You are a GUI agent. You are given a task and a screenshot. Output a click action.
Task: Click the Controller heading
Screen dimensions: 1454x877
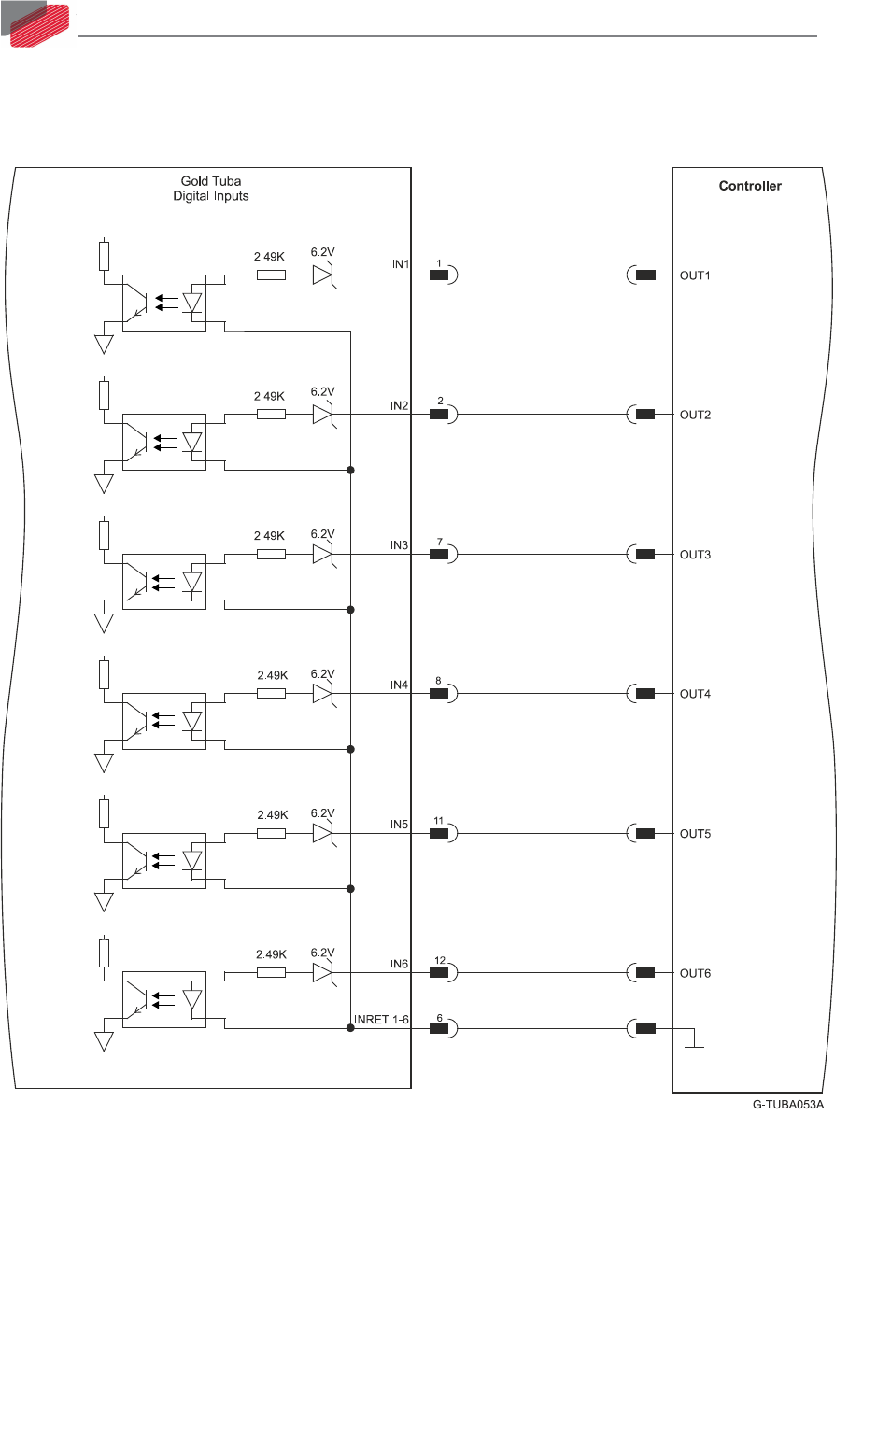point(749,186)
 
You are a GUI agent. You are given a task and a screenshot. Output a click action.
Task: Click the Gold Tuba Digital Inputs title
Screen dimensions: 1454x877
point(211,189)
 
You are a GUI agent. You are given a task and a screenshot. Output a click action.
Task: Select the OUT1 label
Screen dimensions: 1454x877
point(695,275)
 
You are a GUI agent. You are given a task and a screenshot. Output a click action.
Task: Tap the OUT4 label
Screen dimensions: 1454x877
point(695,694)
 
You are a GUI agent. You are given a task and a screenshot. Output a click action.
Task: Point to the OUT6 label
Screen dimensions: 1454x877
point(695,973)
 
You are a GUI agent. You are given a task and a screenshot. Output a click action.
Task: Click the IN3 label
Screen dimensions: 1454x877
point(399,545)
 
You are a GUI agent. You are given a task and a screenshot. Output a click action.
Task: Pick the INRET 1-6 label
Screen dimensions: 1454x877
point(381,1020)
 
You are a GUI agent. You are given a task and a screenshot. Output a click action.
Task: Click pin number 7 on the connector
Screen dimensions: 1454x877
point(439,543)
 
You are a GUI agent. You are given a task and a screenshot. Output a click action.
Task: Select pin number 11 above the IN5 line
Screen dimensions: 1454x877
point(439,822)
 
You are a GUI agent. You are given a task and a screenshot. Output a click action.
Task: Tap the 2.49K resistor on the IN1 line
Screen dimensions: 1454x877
point(271,275)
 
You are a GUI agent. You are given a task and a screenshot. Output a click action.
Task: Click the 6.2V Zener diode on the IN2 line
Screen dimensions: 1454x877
point(323,414)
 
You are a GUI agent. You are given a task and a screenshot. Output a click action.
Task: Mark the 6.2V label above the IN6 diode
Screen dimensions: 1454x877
point(322,953)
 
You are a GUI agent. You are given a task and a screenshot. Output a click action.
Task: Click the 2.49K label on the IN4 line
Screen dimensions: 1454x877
point(272,675)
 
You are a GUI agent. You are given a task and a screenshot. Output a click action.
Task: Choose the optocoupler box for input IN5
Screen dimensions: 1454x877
point(164,860)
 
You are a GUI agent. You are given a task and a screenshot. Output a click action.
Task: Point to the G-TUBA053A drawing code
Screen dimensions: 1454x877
point(788,1105)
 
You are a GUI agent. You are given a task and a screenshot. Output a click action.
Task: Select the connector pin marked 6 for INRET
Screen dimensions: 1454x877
point(439,1029)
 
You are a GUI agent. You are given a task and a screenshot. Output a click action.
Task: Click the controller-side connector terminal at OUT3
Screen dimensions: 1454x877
point(644,555)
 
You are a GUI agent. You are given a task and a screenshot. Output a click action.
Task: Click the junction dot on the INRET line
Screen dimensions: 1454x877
point(350,1028)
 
